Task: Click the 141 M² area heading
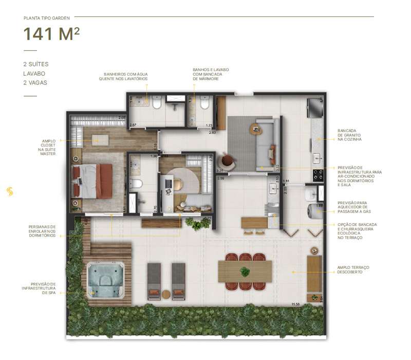pyautogui.click(x=51, y=34)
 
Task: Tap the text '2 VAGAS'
pyautogui.click(x=35, y=82)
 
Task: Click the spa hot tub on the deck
pyautogui.click(x=106, y=280)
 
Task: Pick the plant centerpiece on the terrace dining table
pyautogui.click(x=245, y=271)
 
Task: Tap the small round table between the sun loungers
pyautogui.click(x=166, y=294)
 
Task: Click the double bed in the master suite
pyautogui.click(x=94, y=180)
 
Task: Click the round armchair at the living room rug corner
pyautogui.click(x=228, y=161)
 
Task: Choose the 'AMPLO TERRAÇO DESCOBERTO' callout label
pyautogui.click(x=353, y=269)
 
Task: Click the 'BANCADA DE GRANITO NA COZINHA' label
pyautogui.click(x=350, y=135)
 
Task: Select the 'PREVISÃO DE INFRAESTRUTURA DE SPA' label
pyautogui.click(x=43, y=290)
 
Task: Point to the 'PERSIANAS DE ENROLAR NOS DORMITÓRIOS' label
pyautogui.click(x=43, y=231)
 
